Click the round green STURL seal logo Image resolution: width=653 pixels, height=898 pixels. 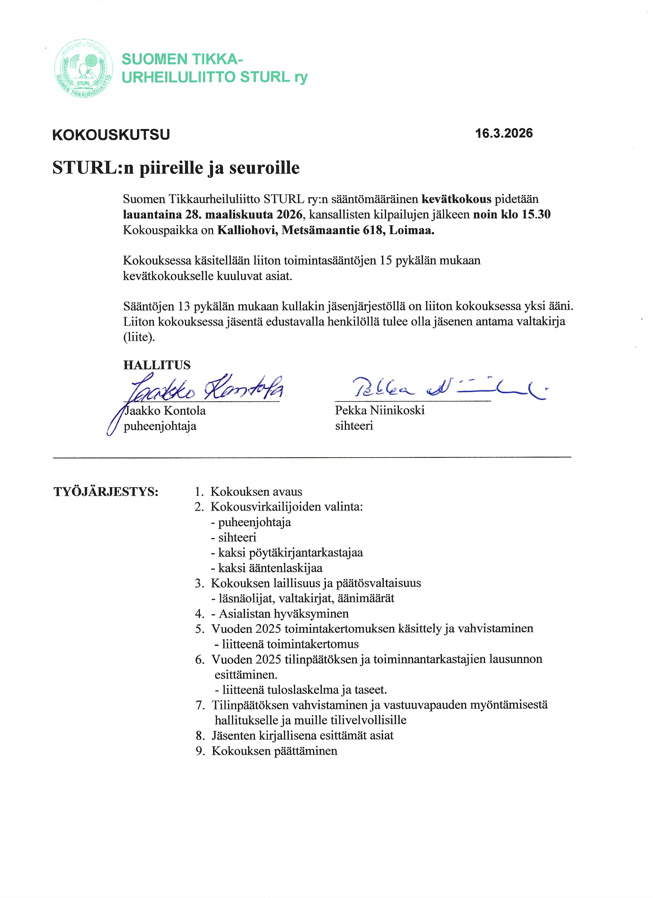83,69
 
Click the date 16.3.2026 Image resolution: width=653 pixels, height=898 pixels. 504,133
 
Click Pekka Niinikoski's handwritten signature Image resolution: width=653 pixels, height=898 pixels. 447,388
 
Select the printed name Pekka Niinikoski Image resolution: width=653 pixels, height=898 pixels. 379,410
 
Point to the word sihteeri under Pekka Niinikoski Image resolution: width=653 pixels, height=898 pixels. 354,426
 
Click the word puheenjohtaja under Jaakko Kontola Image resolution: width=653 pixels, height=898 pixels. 160,426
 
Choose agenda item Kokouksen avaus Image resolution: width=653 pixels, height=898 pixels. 256,492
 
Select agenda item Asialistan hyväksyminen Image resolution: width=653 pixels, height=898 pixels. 283,614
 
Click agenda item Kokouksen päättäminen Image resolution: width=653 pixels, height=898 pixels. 275,751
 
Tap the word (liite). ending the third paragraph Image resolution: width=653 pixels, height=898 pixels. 139,337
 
